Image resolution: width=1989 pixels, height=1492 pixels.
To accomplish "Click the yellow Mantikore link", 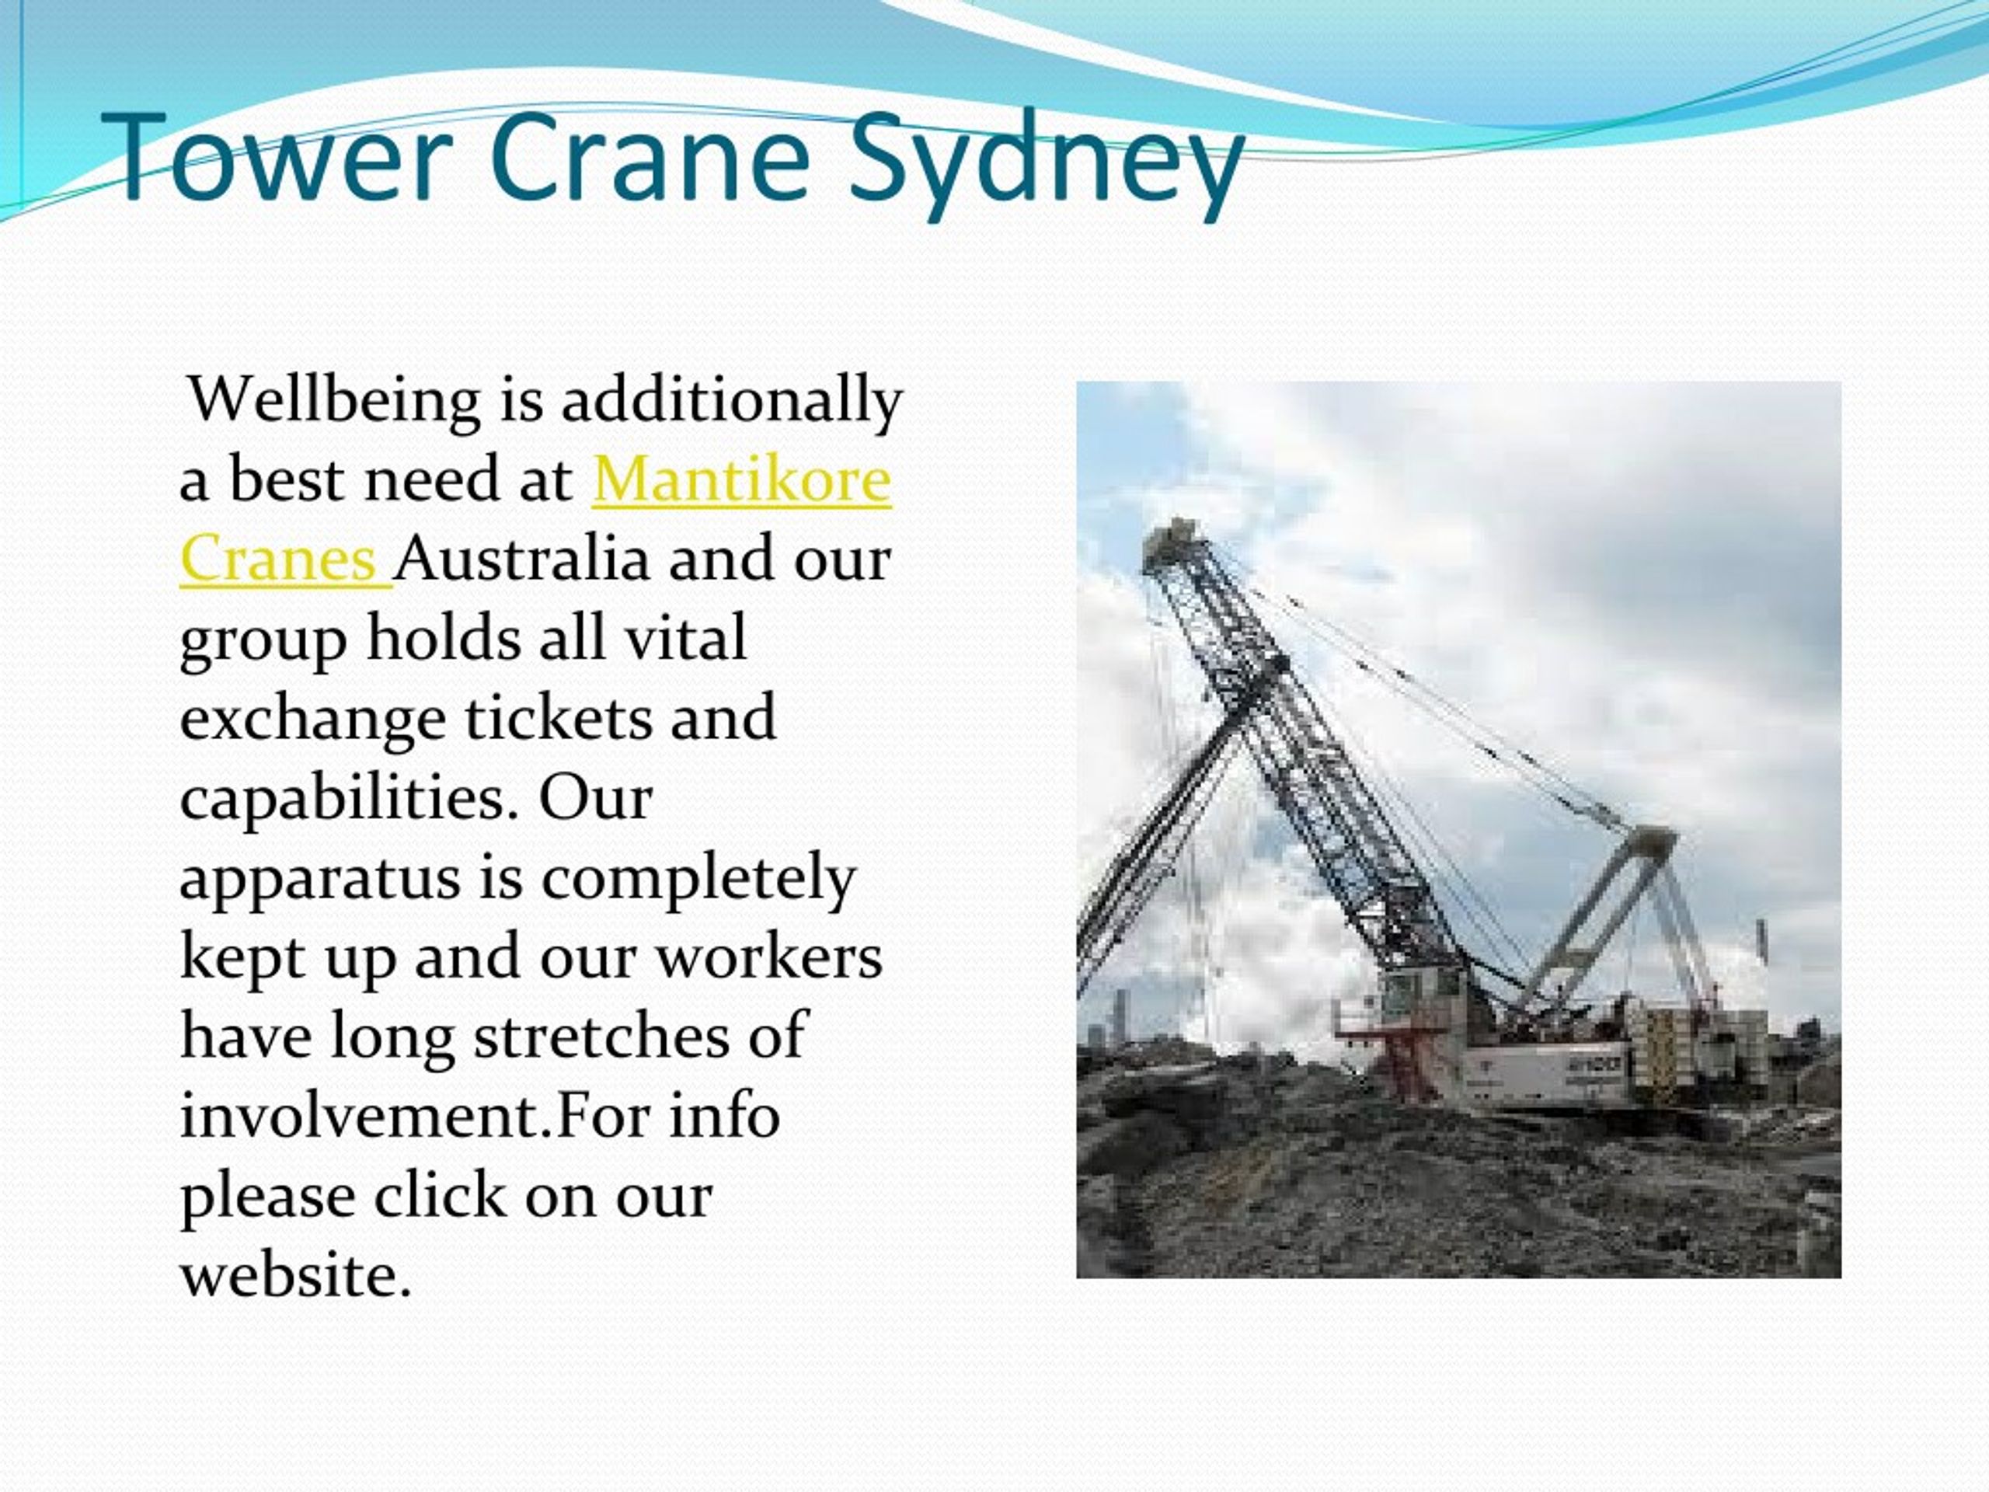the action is (742, 479).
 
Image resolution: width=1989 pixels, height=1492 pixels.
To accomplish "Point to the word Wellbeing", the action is (333, 400).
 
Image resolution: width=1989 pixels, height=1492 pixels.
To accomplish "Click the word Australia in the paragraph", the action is (521, 558).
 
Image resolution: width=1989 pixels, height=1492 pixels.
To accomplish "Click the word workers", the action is (769, 955).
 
